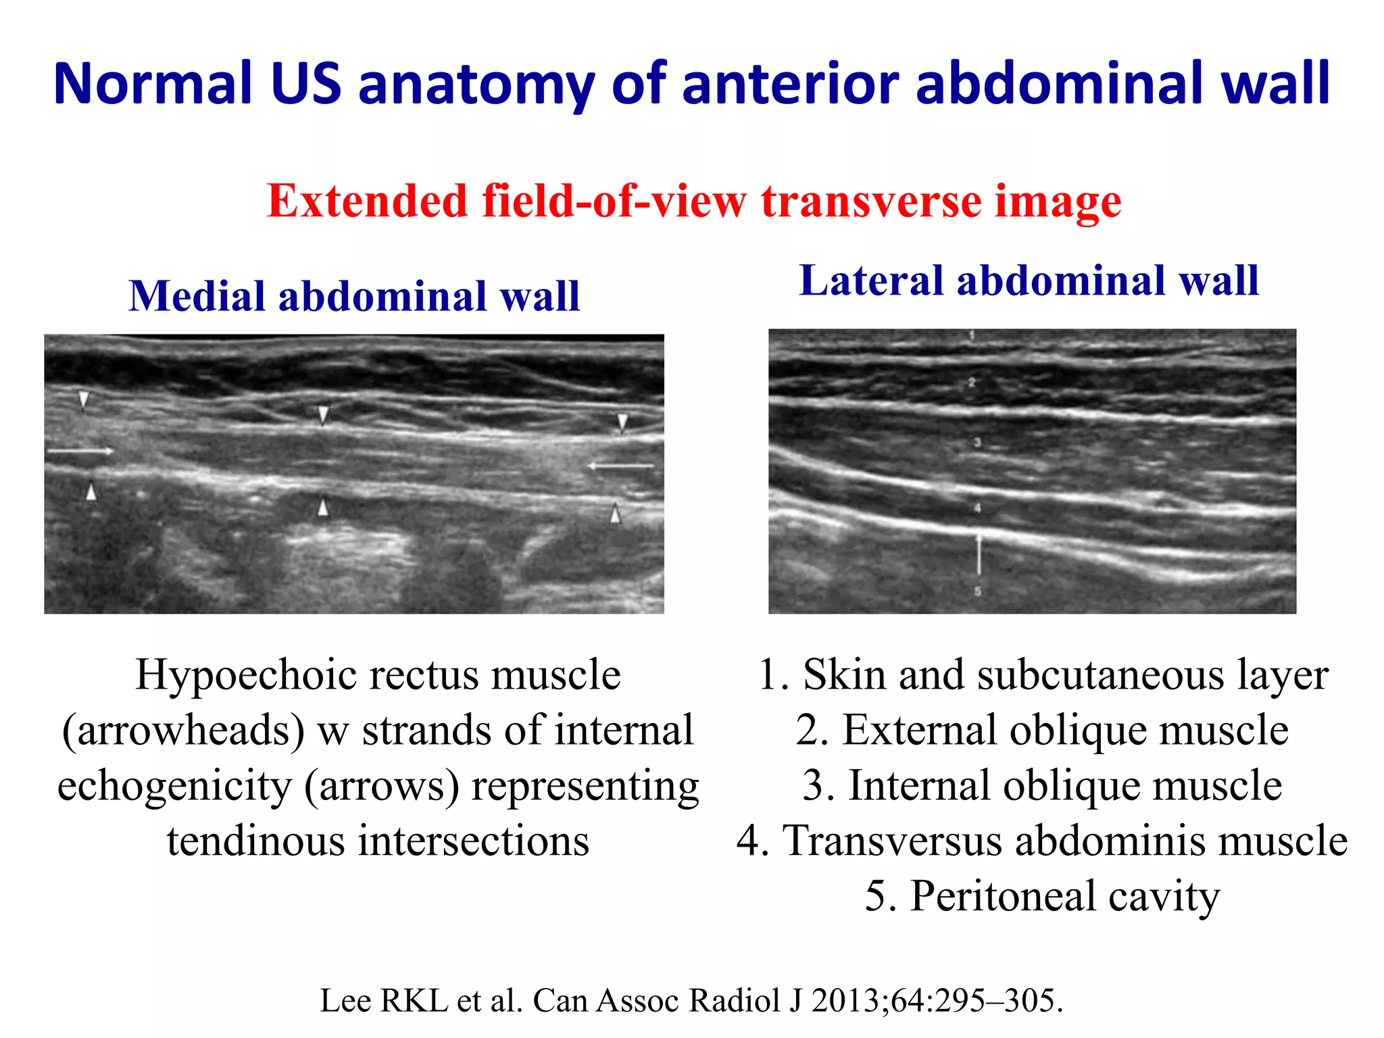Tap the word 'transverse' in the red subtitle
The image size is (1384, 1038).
point(871,201)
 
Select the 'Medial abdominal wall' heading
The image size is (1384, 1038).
point(354,296)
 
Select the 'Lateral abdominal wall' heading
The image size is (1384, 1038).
point(1029,280)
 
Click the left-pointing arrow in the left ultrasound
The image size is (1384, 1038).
point(621,466)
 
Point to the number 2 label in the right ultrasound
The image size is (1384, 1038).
point(972,382)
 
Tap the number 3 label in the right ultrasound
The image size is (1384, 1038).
point(977,443)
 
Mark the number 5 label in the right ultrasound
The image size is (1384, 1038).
point(977,591)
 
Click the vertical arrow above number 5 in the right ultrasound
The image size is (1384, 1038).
point(978,554)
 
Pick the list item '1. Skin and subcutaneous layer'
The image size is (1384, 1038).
point(1043,674)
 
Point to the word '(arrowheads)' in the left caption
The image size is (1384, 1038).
point(184,731)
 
